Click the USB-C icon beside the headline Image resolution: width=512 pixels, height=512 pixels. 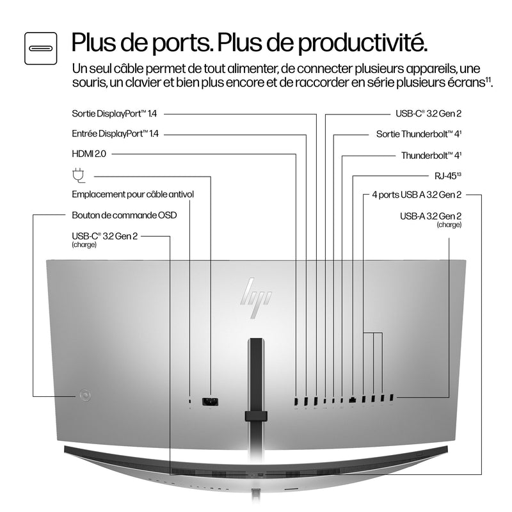click(41, 47)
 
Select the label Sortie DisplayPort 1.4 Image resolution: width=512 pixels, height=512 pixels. click(115, 114)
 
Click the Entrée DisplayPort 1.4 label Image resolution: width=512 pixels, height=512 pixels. click(115, 134)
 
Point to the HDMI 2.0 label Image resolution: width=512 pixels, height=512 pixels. click(88, 154)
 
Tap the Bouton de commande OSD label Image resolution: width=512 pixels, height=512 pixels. click(124, 215)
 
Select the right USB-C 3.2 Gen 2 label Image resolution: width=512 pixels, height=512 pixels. click(428, 114)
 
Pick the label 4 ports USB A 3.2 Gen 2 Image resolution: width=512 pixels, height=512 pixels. click(417, 195)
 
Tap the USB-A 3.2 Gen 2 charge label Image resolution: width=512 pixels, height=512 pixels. click(431, 216)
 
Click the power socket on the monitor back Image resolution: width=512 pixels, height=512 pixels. click(210, 401)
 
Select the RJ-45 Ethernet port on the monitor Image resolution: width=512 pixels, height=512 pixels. click(353, 401)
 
